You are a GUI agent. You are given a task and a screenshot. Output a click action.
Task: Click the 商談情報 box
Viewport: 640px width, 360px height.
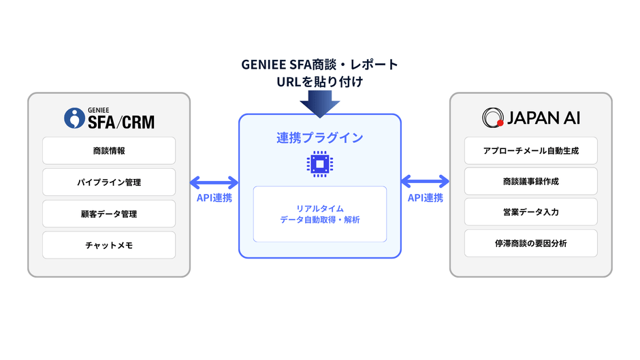(x=109, y=150)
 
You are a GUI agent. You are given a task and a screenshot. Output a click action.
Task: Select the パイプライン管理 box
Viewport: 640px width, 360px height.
(x=109, y=182)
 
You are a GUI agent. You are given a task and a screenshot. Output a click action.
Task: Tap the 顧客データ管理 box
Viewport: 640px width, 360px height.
(x=109, y=214)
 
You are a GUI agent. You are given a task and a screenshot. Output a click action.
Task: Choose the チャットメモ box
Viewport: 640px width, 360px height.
(x=109, y=245)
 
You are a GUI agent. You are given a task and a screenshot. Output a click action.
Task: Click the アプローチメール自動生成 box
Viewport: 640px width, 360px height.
(x=530, y=150)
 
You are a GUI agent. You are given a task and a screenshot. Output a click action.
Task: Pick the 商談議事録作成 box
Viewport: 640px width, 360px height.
(x=530, y=181)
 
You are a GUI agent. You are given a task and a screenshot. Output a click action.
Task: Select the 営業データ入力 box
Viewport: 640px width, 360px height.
(x=530, y=212)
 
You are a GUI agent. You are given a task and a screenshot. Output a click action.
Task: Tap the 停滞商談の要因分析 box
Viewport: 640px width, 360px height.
(x=530, y=244)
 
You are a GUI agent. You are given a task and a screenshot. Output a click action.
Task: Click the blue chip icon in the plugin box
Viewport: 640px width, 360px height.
(x=319, y=164)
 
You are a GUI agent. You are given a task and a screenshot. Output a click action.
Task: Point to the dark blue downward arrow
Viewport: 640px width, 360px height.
(x=319, y=103)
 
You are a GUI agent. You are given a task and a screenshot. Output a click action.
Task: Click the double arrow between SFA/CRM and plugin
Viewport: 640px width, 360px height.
(x=214, y=182)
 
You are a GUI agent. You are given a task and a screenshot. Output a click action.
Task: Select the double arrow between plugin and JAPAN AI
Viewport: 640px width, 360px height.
(x=426, y=182)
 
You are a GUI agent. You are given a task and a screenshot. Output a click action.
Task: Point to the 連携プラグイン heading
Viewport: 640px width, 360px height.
(x=319, y=137)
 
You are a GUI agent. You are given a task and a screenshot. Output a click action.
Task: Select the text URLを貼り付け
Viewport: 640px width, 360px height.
(x=319, y=82)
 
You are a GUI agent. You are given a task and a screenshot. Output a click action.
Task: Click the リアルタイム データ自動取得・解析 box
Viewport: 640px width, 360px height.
(x=319, y=214)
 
